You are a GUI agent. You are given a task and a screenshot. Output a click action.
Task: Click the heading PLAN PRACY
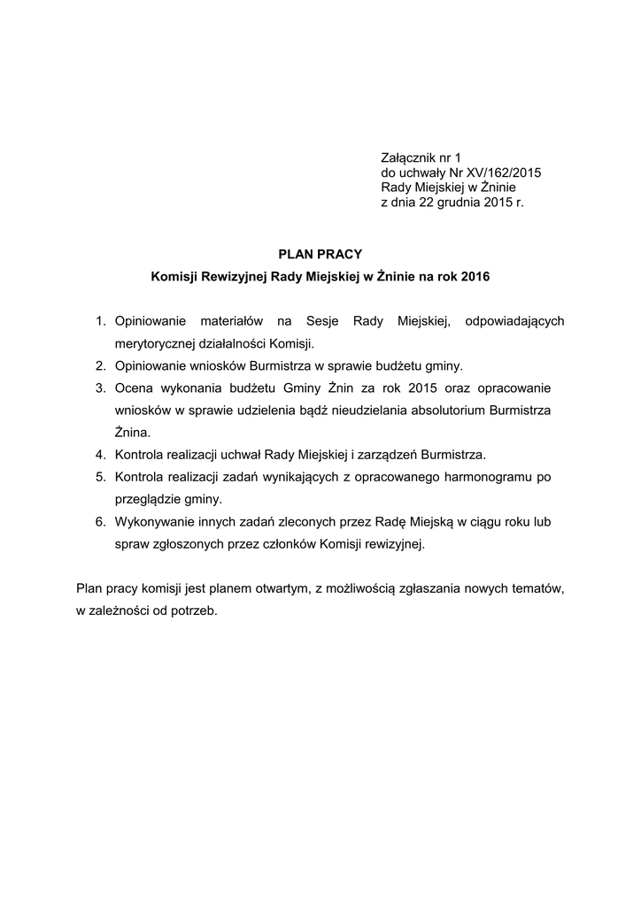pos(320,254)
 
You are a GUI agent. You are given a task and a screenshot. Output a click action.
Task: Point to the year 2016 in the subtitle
pos(475,277)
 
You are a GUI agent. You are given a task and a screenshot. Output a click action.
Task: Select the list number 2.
pos(101,365)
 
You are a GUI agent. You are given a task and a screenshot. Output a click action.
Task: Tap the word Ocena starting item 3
pos(133,388)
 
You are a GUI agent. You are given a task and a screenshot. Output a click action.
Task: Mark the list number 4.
pos(101,455)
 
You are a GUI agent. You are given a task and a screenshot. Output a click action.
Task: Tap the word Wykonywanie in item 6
pos(154,522)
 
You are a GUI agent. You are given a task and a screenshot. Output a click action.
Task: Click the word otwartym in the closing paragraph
pos(285,588)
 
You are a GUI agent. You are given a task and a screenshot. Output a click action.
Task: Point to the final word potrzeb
pos(195,610)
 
